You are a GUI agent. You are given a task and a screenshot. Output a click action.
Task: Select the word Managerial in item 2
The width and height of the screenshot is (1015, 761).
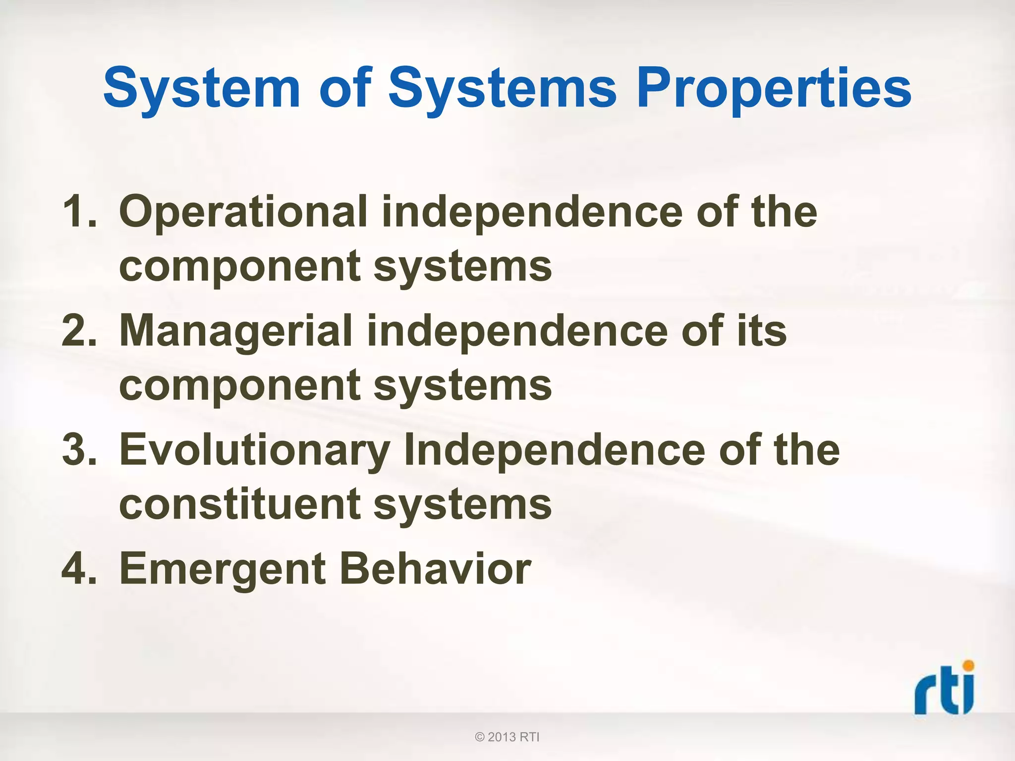click(236, 331)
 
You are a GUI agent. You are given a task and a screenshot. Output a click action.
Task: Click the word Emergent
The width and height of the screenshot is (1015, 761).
click(223, 570)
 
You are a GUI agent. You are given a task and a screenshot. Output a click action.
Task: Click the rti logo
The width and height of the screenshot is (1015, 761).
click(944, 690)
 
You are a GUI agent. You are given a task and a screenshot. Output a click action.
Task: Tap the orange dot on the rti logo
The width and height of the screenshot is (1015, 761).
click(968, 665)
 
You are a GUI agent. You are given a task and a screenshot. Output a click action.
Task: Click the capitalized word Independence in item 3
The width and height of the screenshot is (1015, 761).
click(554, 450)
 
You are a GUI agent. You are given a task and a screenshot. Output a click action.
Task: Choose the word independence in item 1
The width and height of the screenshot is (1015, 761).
click(531, 212)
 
